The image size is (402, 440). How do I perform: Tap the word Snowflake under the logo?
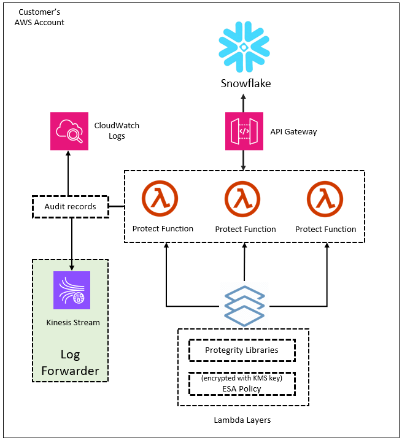(x=245, y=83)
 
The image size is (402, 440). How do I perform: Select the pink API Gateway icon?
(x=244, y=131)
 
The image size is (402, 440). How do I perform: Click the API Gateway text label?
(x=293, y=131)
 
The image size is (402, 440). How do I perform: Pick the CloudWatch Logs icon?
(x=68, y=131)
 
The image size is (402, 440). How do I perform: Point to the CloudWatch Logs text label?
(x=117, y=131)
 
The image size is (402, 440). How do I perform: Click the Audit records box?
(x=70, y=207)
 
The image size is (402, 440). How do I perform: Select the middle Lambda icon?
(x=244, y=199)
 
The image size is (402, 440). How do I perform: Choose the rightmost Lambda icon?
(x=326, y=199)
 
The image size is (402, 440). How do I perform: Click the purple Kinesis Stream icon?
(x=72, y=290)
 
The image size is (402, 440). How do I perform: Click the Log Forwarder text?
(x=71, y=363)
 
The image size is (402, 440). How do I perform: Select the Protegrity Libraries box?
(x=241, y=350)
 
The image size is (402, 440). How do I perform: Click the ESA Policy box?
(x=241, y=384)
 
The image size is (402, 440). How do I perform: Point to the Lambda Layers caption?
(x=242, y=420)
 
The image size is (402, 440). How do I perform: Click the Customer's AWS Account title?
(x=39, y=17)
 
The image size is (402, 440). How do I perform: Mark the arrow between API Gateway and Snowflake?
(x=244, y=102)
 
